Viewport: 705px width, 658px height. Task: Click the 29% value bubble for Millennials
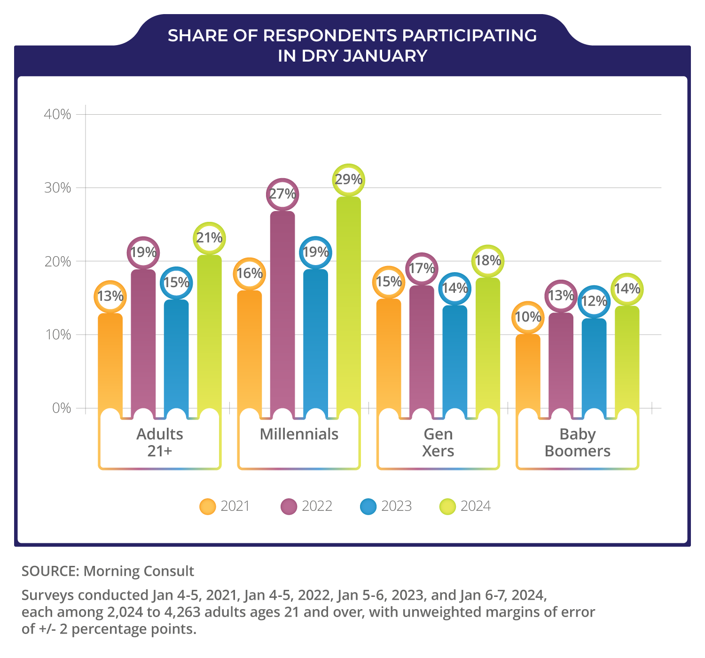coord(348,180)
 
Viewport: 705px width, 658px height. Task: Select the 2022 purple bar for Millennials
coord(282,310)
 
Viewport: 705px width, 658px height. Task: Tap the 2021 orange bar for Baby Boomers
coord(528,371)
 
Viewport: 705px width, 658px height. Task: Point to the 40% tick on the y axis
coord(57,114)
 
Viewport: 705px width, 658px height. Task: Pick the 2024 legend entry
coord(465,507)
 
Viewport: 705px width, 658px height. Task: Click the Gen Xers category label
coord(438,442)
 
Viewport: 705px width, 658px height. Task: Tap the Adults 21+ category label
coord(160,442)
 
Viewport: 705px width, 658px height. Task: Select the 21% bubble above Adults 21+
coord(209,238)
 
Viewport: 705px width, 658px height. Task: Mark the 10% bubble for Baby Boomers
coord(528,317)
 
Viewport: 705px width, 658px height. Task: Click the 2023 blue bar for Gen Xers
coord(455,357)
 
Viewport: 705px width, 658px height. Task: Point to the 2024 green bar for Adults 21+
coord(209,329)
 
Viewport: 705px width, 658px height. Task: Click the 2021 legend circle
coord(208,507)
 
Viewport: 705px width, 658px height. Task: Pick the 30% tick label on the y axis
coord(57,188)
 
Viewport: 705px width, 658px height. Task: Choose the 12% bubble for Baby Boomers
coord(594,301)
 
